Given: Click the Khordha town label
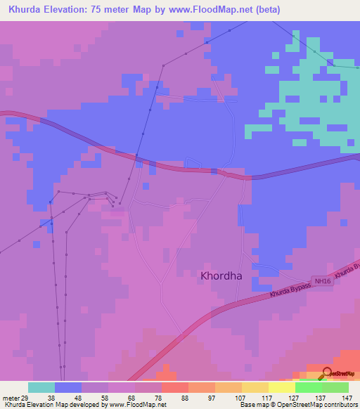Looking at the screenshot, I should (x=221, y=276).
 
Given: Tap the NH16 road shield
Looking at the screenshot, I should (x=323, y=282).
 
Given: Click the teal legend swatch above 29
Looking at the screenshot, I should (x=41, y=387).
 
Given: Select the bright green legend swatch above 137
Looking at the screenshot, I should (x=308, y=387).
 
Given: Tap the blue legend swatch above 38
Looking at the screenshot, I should (x=68, y=387).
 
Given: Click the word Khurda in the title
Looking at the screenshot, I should (x=27, y=11).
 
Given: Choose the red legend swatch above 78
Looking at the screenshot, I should (x=175, y=387).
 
